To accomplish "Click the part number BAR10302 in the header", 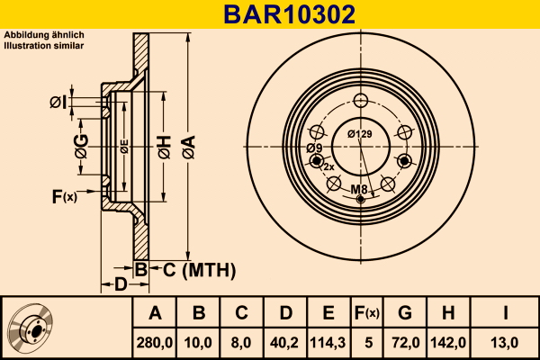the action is (289, 14).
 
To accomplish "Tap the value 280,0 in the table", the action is (155, 343).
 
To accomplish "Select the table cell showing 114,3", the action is (328, 343).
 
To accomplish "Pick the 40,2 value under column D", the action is (284, 343).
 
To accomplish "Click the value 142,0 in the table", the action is (448, 343).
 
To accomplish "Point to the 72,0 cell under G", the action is (406, 343).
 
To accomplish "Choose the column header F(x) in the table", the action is (367, 313).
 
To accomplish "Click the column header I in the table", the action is (505, 313).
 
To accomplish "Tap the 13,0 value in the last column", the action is (505, 343).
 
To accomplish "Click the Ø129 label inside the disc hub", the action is (359, 134).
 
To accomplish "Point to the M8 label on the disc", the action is (359, 189).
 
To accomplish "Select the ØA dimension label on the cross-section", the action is (189, 147).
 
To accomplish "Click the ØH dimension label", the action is (165, 147).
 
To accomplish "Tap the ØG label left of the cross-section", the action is (82, 147).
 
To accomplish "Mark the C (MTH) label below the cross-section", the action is (199, 270).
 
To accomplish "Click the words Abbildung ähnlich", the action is (44, 35).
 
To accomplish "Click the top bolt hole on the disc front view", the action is (361, 101).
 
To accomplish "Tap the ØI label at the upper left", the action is (58, 103).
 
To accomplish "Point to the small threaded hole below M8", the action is (361, 199).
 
